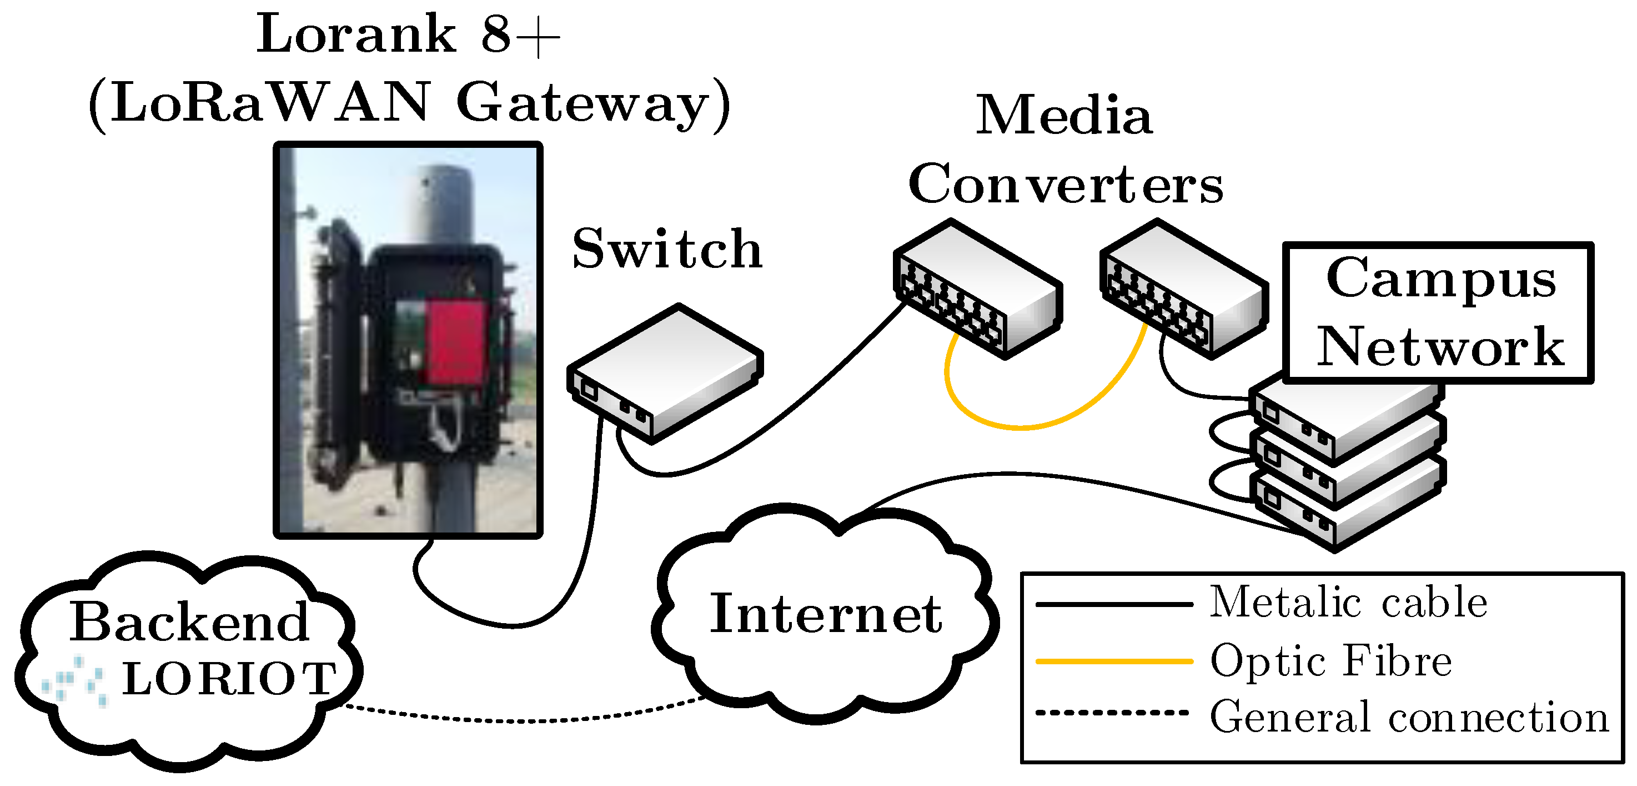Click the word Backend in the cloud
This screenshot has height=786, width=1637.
pos(189,622)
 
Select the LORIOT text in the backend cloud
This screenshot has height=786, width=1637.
pos(229,679)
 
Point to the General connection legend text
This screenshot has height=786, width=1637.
pos(1408,717)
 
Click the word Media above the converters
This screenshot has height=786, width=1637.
pos(1064,116)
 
